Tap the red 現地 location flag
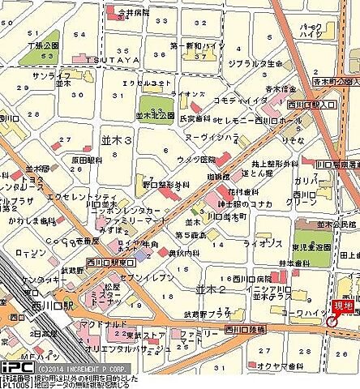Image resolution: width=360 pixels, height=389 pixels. tap(344, 305)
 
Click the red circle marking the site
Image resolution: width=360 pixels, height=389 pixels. tap(332, 322)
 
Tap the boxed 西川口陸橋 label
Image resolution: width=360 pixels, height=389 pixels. tap(245, 329)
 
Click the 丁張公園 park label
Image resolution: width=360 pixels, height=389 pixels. tap(41, 47)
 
